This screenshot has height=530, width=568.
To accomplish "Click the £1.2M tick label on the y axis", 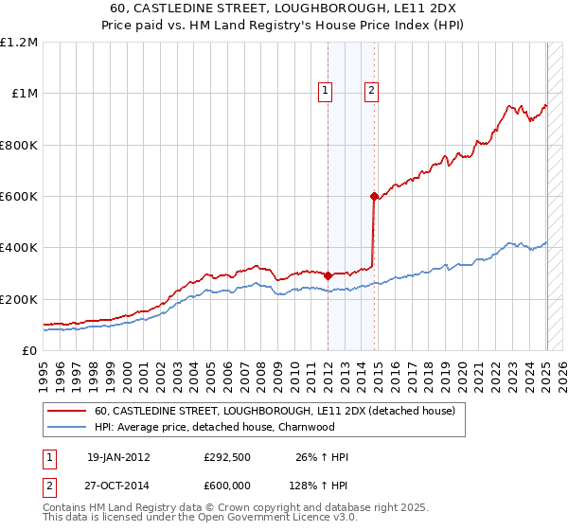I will coord(19,42).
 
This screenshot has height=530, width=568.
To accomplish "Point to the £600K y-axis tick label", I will coord(19,196).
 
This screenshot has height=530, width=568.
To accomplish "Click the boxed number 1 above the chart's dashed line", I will coord(325,91).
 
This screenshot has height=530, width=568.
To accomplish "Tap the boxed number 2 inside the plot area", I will coord(371,91).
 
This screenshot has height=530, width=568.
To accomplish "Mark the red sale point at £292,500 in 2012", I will coord(328,275).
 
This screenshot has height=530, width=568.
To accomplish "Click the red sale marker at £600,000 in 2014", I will coord(374,196).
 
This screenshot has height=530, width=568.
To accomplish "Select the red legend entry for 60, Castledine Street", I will coord(275,411).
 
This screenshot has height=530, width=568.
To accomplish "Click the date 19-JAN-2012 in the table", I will coord(118,457).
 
